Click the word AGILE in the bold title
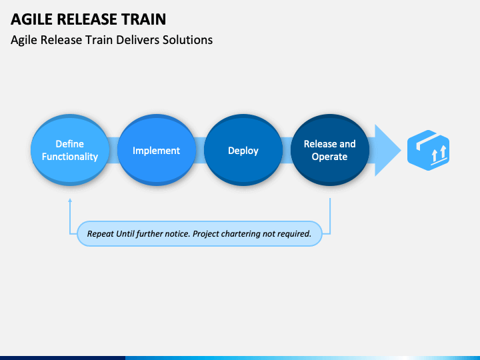31,19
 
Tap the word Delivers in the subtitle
138,40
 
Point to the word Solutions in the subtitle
187,40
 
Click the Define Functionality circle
70,150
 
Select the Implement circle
157,150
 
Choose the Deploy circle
243,150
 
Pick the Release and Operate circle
330,150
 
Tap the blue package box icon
428,150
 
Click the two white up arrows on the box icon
439,154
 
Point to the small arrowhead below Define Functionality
70,200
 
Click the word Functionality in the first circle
70,157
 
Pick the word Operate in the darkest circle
329,157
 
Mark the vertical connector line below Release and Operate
330,216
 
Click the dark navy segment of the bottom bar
63,358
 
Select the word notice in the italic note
178,234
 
